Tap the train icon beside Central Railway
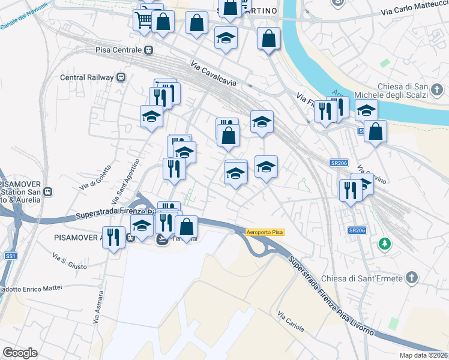[x=121, y=77]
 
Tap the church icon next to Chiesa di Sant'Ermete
[x=411, y=277]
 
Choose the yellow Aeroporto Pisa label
[x=265, y=232]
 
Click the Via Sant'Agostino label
[x=125, y=179]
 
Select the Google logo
[x=20, y=353]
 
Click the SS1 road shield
[x=10, y=256]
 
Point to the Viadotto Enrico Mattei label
[x=30, y=289]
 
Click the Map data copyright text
[x=424, y=355]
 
